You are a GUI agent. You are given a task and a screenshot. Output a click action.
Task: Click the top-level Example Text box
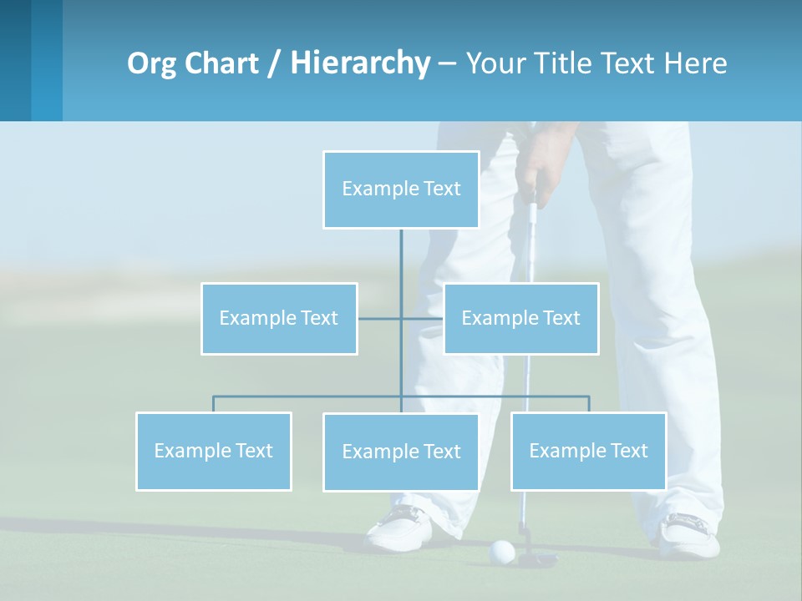[401, 189]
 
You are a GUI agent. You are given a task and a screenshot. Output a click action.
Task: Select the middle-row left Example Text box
[279, 318]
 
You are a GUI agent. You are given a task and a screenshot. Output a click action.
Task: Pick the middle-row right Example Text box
[520, 318]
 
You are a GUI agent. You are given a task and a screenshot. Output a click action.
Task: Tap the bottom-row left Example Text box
[214, 451]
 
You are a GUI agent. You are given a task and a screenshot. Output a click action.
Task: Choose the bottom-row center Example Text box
[401, 452]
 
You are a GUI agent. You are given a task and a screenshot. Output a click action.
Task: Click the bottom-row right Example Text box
[588, 451]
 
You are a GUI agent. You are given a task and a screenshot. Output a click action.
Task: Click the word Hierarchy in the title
[359, 63]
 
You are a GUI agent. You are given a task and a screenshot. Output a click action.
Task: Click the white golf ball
[501, 551]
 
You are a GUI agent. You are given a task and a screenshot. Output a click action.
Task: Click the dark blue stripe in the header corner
[15, 60]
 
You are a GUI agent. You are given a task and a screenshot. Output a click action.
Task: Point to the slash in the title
[273, 63]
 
